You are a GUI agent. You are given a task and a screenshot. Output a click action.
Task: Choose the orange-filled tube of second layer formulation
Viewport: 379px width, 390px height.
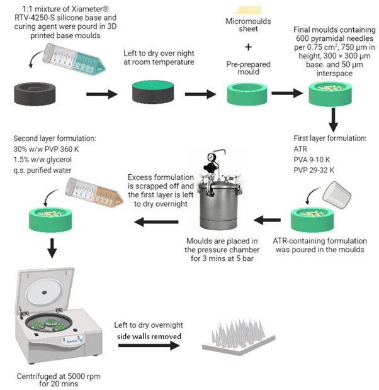click(x=88, y=188)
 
